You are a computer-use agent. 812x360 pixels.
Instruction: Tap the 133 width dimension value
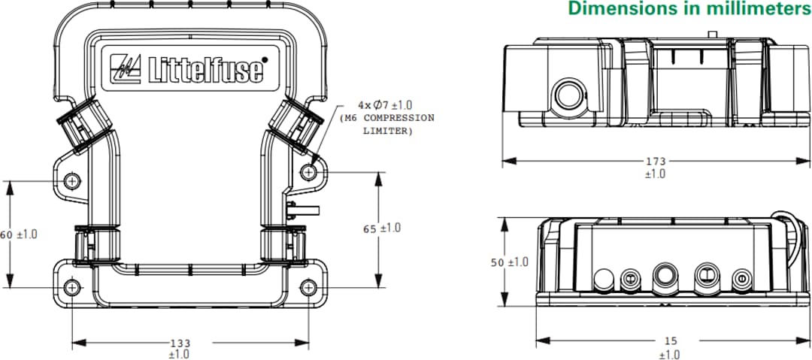tap(180, 343)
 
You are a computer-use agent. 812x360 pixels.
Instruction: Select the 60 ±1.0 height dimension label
tap(19, 234)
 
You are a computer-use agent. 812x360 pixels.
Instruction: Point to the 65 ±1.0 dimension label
tap(382, 228)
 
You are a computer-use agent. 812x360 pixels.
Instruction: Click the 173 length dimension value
tap(656, 162)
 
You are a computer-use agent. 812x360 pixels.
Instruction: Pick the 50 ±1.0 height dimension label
tap(509, 262)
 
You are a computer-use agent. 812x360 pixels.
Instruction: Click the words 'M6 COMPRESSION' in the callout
tap(387, 119)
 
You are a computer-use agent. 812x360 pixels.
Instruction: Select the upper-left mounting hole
tap(73, 181)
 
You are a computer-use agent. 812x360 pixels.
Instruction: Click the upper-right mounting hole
tap(310, 172)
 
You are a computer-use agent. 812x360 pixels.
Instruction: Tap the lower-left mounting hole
tap(72, 288)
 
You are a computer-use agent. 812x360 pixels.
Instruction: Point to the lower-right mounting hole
tap(310, 288)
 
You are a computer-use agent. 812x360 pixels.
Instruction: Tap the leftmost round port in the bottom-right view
tap(603, 279)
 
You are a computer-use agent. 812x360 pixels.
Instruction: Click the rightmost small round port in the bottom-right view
tap(740, 277)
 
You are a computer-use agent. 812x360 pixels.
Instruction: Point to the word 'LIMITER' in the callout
tap(386, 131)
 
